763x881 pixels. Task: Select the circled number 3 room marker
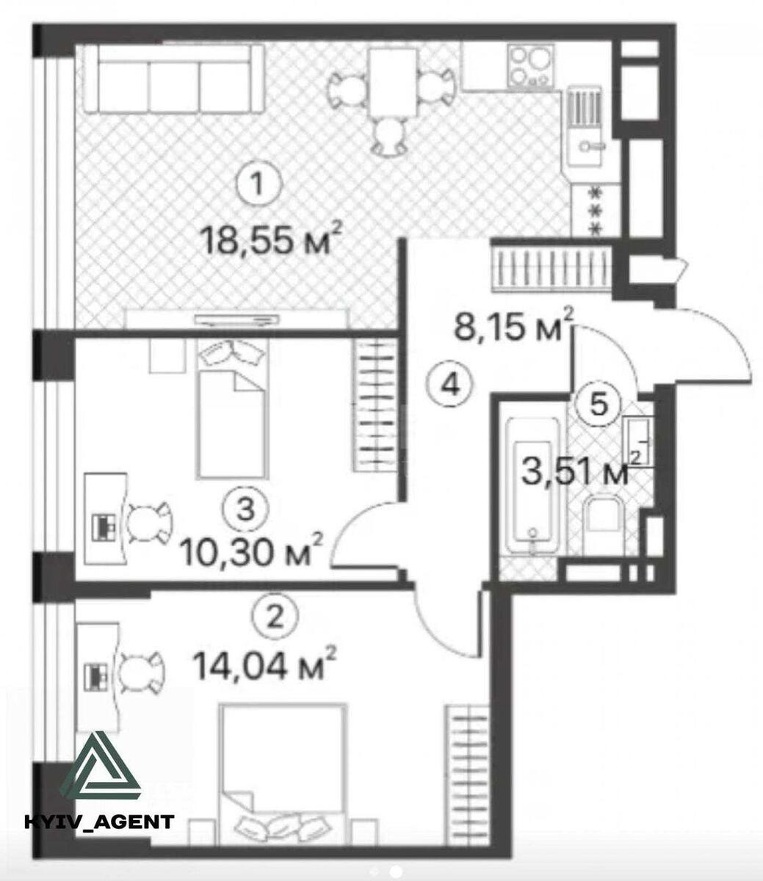pyautogui.click(x=242, y=506)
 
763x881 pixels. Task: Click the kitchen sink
pyautogui.click(x=590, y=133)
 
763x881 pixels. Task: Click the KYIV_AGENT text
pyautogui.click(x=100, y=821)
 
